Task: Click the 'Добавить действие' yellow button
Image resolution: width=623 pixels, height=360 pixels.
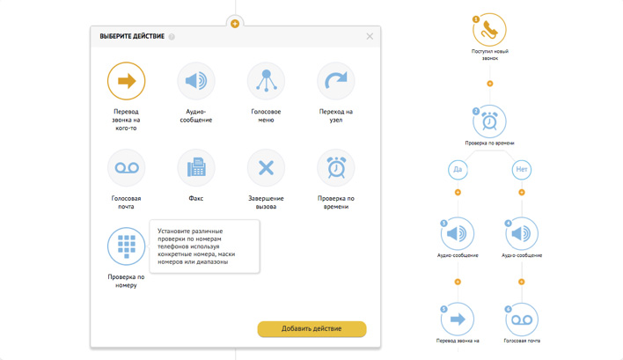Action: point(311,328)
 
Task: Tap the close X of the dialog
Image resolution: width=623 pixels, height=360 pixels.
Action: point(370,36)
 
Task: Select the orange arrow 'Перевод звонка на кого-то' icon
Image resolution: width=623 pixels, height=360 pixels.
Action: point(127,81)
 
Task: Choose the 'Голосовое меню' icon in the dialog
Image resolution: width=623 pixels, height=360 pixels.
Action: point(267,81)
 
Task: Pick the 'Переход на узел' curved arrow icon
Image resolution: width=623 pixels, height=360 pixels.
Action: point(336,81)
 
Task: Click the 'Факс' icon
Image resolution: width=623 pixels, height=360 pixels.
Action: point(196,168)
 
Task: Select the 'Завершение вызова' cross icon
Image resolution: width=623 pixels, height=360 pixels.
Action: point(267,168)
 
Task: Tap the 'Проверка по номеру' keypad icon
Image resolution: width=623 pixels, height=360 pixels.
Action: point(127,246)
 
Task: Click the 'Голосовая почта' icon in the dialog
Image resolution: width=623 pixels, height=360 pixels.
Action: point(127,168)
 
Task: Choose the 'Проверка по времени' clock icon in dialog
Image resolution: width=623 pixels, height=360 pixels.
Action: point(336,168)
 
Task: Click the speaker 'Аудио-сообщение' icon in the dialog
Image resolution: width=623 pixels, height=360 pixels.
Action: point(196,81)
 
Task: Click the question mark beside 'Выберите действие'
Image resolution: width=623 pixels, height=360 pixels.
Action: point(172,37)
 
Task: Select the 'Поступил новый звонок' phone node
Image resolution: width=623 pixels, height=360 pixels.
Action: point(489,30)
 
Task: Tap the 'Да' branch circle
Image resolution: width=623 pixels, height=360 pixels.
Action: point(458,170)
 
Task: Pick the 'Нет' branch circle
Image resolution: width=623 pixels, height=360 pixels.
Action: point(522,170)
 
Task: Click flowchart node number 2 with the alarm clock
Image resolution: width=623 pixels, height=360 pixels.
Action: point(489,121)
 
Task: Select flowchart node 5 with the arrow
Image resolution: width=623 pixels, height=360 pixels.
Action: point(458,320)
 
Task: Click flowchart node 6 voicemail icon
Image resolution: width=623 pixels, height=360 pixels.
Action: point(522,320)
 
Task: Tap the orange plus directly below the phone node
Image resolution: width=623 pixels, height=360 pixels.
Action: point(490,84)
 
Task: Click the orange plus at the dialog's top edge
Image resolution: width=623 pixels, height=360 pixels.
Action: point(235,24)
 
